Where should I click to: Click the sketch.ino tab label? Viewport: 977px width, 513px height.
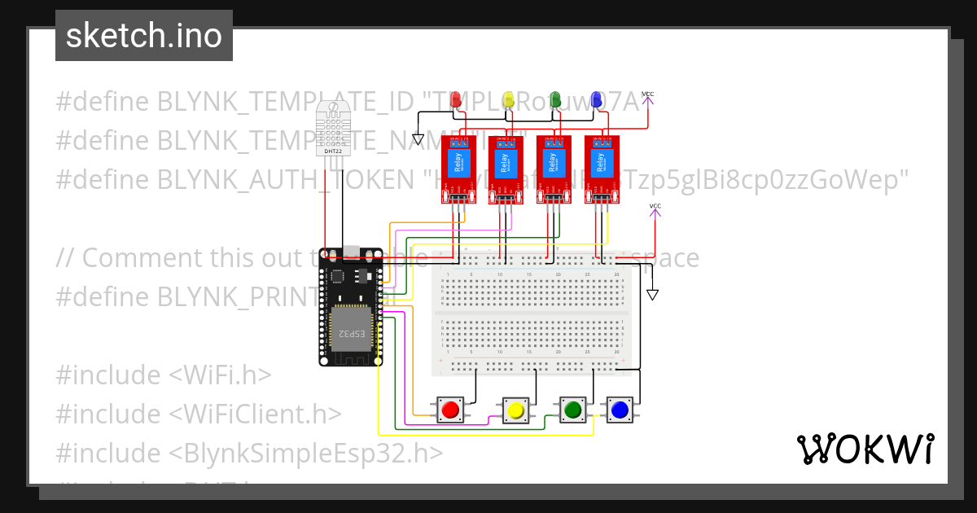(143, 36)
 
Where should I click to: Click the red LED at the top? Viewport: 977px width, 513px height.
(458, 99)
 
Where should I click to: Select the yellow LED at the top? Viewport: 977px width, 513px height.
(508, 99)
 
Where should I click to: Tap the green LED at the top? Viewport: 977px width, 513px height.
(555, 99)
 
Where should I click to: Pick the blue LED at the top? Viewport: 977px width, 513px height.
(597, 99)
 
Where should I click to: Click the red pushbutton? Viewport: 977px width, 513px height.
(449, 410)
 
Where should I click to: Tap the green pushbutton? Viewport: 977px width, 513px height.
(572, 409)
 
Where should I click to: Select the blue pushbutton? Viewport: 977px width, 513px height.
(620, 409)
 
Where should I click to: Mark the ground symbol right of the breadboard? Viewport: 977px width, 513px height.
(651, 294)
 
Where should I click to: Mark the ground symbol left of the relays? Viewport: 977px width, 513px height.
(418, 139)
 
